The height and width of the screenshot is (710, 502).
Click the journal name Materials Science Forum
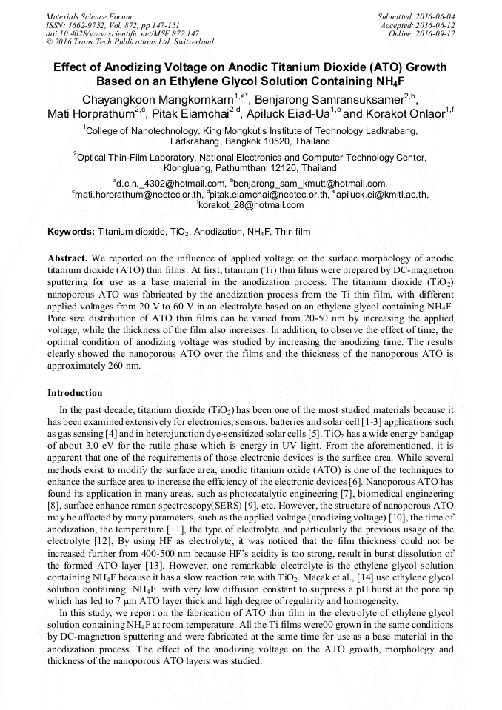89,16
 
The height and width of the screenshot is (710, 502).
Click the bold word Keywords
70,232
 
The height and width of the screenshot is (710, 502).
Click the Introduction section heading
75,393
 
